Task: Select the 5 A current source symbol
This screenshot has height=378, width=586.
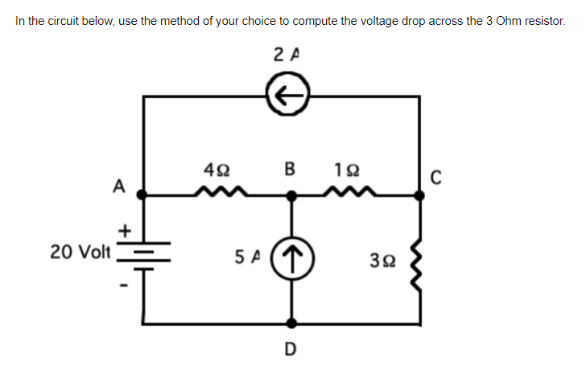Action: pyautogui.click(x=291, y=259)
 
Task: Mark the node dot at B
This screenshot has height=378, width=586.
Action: pyautogui.click(x=291, y=194)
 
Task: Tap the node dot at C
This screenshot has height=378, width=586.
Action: pyautogui.click(x=419, y=194)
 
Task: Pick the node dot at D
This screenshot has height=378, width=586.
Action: pyautogui.click(x=291, y=325)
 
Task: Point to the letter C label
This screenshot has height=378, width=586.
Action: pyautogui.click(x=435, y=179)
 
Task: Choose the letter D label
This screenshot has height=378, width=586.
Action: pyautogui.click(x=291, y=348)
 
